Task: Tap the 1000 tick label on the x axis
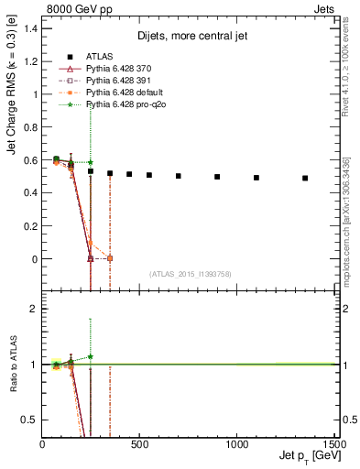pyautogui.click(x=237, y=444)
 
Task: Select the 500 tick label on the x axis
pyautogui.click(x=139, y=444)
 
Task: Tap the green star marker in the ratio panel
pyautogui.click(x=91, y=356)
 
